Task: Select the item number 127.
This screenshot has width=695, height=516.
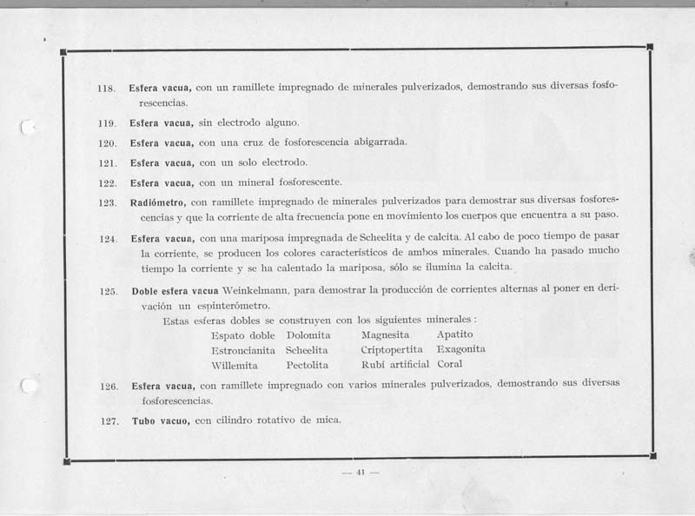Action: tap(109, 421)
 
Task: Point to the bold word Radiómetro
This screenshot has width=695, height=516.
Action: tap(160, 202)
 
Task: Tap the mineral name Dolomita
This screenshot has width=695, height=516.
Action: tap(309, 334)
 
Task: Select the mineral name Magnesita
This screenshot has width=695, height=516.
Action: tap(387, 334)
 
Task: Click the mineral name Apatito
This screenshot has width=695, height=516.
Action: tap(455, 334)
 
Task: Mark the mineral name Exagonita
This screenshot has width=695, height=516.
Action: tap(461, 349)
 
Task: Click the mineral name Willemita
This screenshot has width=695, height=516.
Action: tap(237, 365)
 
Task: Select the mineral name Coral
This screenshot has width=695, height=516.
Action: tap(450, 364)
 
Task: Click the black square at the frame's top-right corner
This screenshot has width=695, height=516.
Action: tap(650, 47)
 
